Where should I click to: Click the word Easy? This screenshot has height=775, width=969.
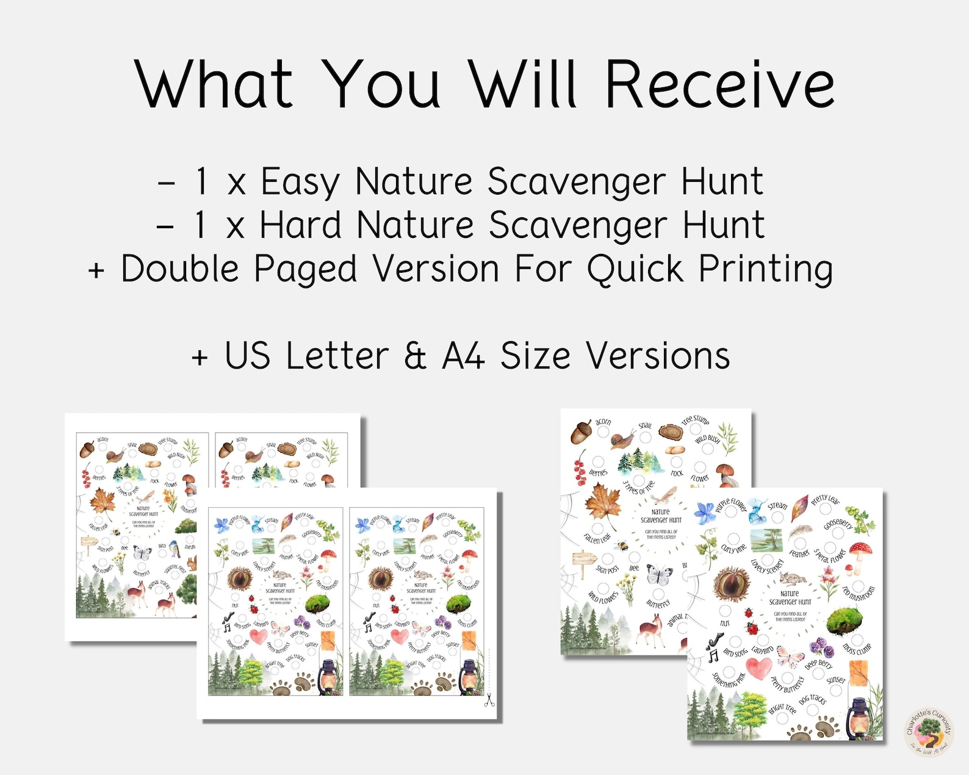click(300, 182)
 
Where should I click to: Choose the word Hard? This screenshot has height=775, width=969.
click(300, 225)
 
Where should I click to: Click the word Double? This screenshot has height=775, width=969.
click(180, 269)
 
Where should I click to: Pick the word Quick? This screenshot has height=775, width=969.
click(635, 269)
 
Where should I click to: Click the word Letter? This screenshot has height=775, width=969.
click(337, 356)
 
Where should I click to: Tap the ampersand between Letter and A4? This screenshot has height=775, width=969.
click(415, 356)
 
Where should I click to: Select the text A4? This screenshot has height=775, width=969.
click(464, 356)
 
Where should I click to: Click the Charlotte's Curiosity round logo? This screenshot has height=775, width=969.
click(929, 732)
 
